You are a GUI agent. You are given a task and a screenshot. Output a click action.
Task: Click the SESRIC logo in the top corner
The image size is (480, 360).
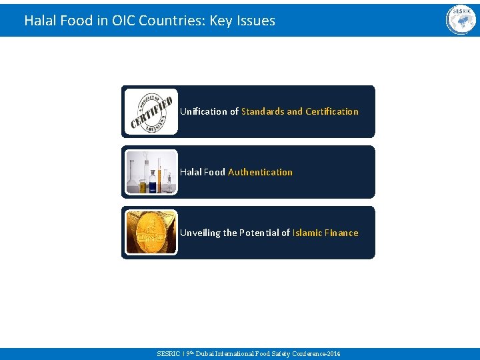tap(461, 20)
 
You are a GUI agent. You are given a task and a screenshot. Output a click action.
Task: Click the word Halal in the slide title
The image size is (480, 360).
tap(39, 21)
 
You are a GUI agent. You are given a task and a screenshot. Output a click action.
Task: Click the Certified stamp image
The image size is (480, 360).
tap(152, 111)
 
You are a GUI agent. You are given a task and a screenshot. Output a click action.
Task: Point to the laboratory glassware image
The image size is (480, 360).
tap(152, 172)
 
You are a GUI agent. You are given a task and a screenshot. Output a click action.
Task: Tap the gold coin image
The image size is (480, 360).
tap(152, 233)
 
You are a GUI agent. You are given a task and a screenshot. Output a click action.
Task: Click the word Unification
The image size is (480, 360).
tap(203, 111)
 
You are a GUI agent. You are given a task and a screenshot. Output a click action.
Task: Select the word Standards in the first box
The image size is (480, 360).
tap(263, 111)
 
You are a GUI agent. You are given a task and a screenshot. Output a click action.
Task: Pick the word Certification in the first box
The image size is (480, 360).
tap(332, 111)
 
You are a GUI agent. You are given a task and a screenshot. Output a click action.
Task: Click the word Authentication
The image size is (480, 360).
tap(260, 172)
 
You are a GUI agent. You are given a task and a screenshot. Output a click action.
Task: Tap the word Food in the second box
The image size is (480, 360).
tap(215, 172)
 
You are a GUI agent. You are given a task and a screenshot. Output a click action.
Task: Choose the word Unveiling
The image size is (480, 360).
tap(200, 233)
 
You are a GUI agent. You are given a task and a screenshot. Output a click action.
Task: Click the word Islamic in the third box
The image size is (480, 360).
tap(307, 233)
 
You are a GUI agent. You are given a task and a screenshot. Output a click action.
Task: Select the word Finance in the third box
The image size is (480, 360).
tap(341, 233)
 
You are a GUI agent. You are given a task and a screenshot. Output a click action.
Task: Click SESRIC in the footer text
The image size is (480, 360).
tap(167, 353)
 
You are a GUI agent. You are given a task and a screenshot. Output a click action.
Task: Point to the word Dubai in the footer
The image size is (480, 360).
tap(204, 353)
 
